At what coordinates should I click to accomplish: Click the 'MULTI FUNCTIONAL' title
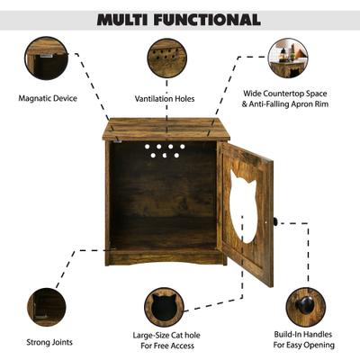coord(179,19)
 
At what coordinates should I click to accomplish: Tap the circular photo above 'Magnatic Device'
coord(46,58)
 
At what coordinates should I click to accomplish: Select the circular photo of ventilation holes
coord(166,58)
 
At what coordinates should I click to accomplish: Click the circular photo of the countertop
coord(287,58)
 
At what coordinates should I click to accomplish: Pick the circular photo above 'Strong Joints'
coord(46,307)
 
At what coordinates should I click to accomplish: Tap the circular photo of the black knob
coord(306,307)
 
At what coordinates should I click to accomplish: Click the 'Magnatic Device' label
coord(47,98)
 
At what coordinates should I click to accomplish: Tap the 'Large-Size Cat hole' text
coord(165,334)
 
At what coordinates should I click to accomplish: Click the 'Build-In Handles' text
coord(306,334)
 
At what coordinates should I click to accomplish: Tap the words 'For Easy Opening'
coord(306,345)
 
